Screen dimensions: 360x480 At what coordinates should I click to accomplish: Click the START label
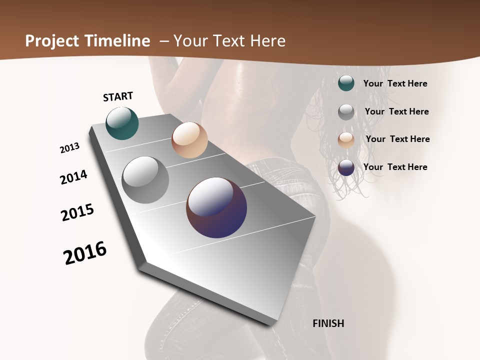point(118,96)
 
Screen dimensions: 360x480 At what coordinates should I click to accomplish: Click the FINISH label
point(328,323)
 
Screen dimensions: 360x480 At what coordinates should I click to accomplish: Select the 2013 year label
point(70,148)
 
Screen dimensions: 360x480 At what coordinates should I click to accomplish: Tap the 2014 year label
point(73,177)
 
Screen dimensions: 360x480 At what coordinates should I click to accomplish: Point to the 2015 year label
point(77,212)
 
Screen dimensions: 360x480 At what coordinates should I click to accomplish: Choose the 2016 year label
point(85,253)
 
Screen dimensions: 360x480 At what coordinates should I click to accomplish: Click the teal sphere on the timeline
point(122,123)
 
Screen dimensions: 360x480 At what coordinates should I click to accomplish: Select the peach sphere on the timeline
point(189,140)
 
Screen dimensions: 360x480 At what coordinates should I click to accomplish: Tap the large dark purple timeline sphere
point(216,207)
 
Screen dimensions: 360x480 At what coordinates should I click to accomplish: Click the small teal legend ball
point(346,83)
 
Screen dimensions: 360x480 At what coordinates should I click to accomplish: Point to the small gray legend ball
point(346,112)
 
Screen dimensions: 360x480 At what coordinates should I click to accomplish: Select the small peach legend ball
point(346,140)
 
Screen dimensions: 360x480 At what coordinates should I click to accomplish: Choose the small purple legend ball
point(346,167)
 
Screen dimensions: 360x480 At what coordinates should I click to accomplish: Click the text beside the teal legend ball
point(395,83)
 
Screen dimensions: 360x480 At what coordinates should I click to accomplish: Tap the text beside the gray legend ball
point(396,111)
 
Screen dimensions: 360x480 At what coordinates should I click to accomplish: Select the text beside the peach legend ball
point(397,139)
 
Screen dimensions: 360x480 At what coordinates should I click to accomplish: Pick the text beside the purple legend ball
point(395,167)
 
